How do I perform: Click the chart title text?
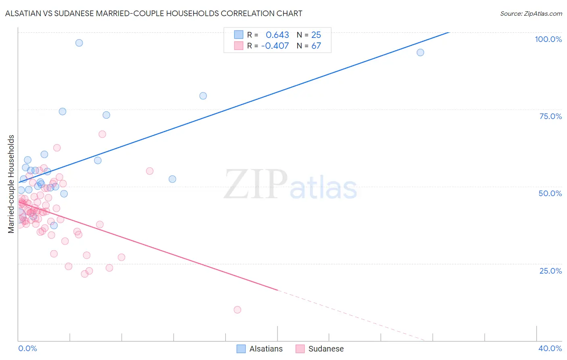click(x=154, y=13)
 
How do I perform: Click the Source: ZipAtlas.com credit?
click(x=531, y=13)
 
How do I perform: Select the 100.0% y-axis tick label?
click(x=548, y=39)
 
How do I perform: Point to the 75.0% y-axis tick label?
click(x=550, y=116)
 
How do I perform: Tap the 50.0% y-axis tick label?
click(x=550, y=193)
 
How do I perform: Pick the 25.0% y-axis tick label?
click(x=550, y=270)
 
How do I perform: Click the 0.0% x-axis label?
click(x=27, y=348)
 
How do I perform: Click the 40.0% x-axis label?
click(x=550, y=348)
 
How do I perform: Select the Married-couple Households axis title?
click(x=11, y=184)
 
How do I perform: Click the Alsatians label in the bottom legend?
click(x=266, y=349)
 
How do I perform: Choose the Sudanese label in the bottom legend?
click(x=326, y=349)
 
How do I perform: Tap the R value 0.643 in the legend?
click(x=277, y=35)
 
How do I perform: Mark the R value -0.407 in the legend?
click(x=275, y=46)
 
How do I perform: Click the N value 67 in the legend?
click(x=316, y=46)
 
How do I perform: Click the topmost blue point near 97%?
click(x=79, y=43)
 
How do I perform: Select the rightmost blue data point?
click(x=420, y=52)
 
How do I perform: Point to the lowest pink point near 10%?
click(x=237, y=310)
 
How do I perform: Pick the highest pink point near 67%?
click(x=102, y=134)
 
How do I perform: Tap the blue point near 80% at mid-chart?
click(x=203, y=96)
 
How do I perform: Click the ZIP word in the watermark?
click(x=255, y=184)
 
